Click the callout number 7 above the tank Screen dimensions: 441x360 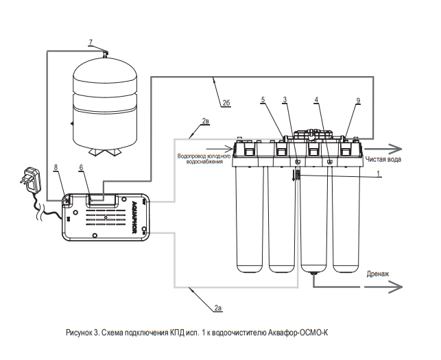tap(91, 43)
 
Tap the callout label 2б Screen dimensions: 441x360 tap(226, 104)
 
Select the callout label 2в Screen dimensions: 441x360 tap(205, 121)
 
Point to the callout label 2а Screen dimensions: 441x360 tap(218, 309)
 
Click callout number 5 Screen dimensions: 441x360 tap(263, 99)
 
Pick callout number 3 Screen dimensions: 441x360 tap(285, 99)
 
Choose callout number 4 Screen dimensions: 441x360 tap(316, 99)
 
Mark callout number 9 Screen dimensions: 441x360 tap(358, 100)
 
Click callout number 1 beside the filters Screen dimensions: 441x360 tap(379, 173)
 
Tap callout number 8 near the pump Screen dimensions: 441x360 tap(56, 167)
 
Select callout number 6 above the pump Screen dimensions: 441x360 tap(81, 167)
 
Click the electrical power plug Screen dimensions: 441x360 tap(30, 180)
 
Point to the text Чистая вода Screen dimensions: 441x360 tap(383, 159)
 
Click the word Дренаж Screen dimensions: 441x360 tap(378, 274)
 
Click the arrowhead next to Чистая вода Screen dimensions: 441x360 tap(396, 149)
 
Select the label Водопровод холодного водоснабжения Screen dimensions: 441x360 tap(204, 159)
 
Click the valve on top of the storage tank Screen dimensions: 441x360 tap(106, 53)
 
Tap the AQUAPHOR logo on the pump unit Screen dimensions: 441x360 tap(134, 216)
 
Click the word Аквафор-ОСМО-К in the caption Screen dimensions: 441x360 tap(298, 333)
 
